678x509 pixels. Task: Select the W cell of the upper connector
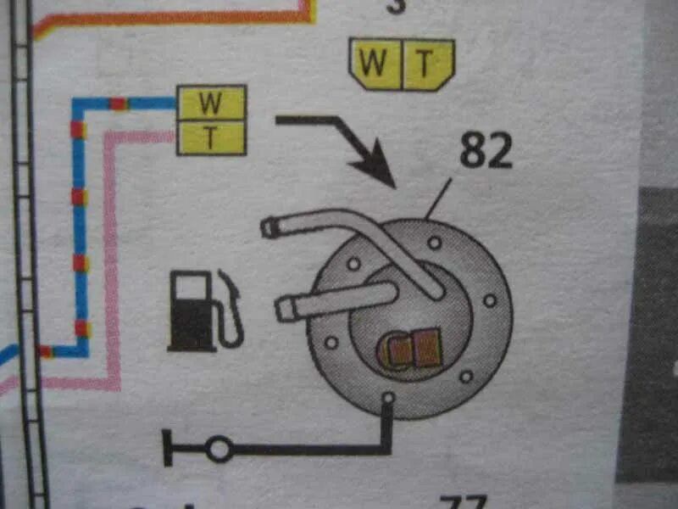click(x=375, y=63)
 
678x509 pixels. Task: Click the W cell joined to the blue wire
click(x=211, y=103)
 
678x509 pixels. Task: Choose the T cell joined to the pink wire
click(x=211, y=137)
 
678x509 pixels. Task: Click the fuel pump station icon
click(x=203, y=309)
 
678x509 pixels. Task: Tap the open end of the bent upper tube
click(x=270, y=227)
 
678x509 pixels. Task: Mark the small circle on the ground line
click(x=218, y=448)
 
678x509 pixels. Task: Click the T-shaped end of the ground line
click(x=167, y=448)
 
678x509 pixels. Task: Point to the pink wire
click(x=111, y=255)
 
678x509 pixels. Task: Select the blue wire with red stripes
click(x=79, y=229)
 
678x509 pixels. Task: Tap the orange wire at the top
click(x=169, y=19)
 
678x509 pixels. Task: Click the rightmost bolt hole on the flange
click(x=489, y=300)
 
